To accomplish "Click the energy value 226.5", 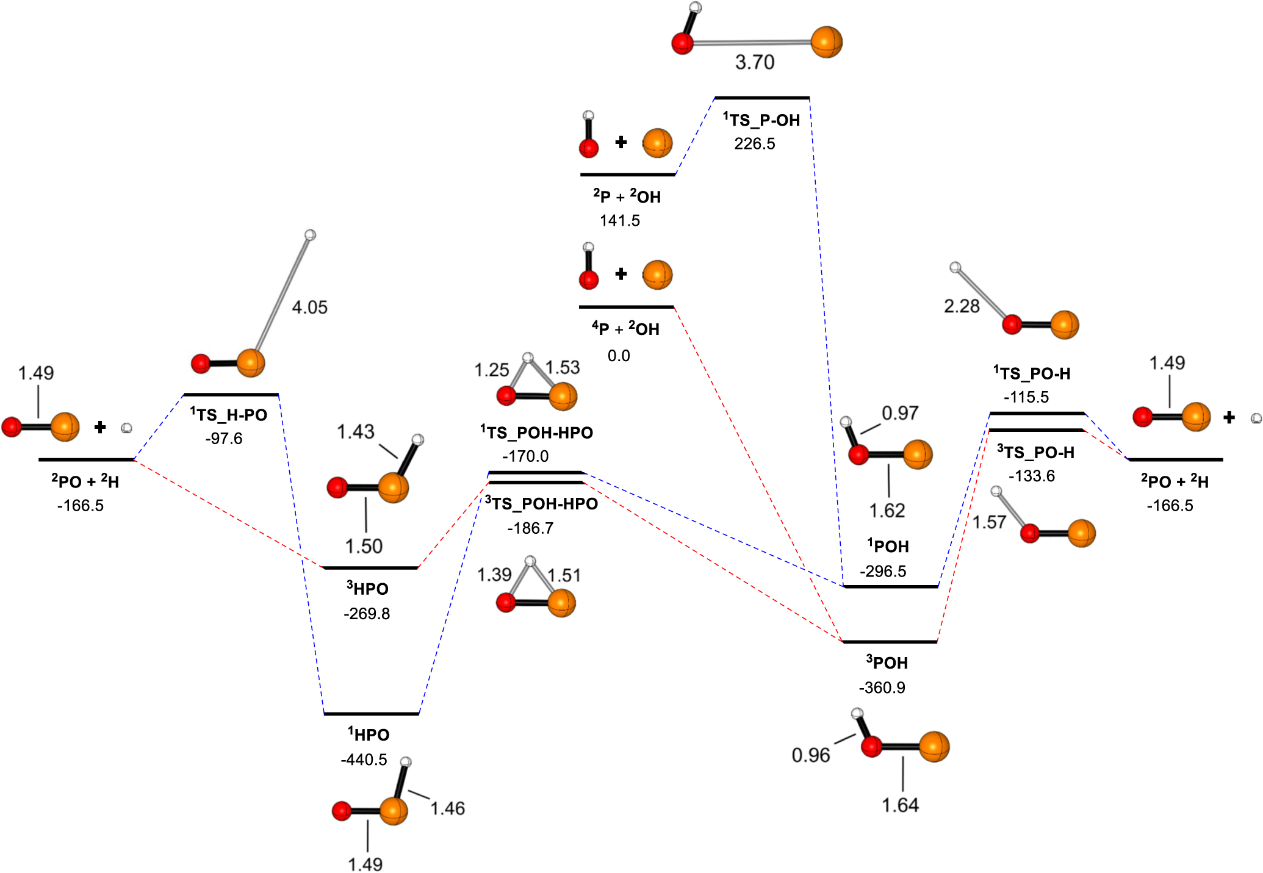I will click(x=754, y=144).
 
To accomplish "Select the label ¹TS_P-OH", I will click(x=761, y=120).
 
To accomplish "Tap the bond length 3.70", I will click(x=754, y=62).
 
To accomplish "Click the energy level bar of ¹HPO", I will click(x=371, y=713).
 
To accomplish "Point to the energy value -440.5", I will click(x=364, y=760).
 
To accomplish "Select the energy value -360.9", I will click(x=882, y=688).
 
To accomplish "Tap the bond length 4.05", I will click(x=309, y=307).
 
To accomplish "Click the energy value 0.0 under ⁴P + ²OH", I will click(x=618, y=356).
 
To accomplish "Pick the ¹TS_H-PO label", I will click(x=229, y=415).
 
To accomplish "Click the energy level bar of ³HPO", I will click(x=370, y=568).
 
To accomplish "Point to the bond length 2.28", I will click(x=961, y=306).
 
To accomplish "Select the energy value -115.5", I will click(x=1026, y=397).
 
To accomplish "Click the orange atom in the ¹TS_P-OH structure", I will click(x=826, y=42).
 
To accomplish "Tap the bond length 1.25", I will click(x=491, y=370).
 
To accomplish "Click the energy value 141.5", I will click(x=619, y=221).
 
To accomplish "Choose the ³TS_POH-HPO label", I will click(x=541, y=504).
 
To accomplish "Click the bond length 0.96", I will click(x=810, y=755).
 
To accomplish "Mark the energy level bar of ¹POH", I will click(x=890, y=586).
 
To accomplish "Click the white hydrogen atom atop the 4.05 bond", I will click(x=310, y=235).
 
